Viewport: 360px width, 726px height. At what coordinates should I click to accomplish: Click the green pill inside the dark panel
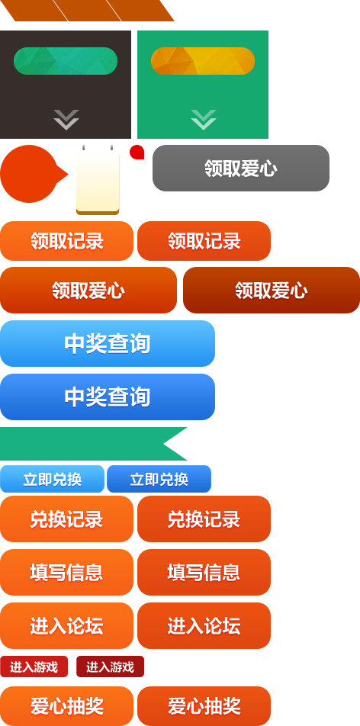tap(66, 61)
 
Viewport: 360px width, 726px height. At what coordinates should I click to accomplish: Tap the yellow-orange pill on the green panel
tap(202, 61)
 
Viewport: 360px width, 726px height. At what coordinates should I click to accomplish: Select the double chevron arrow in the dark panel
tap(66, 120)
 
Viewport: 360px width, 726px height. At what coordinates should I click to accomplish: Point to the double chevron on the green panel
tap(204, 120)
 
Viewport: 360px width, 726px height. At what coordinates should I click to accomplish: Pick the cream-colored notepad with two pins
tap(98, 180)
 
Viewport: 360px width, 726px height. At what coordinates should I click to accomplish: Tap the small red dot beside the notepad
tap(137, 153)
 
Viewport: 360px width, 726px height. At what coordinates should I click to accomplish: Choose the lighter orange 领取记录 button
tap(66, 241)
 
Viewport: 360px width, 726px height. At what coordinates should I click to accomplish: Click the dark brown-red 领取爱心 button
tap(271, 291)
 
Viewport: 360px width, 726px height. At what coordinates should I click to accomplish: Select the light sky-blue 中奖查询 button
tap(107, 343)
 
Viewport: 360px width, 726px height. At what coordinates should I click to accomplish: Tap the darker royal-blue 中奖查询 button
tap(107, 397)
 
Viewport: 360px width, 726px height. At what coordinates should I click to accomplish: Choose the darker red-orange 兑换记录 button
tap(204, 519)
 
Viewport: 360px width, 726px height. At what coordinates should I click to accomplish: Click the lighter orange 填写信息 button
tap(66, 572)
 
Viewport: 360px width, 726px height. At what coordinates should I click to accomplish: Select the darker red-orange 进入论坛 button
tap(204, 625)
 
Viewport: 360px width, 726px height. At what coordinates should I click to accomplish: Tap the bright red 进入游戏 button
tap(34, 667)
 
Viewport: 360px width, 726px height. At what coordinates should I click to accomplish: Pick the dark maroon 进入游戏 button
tap(111, 667)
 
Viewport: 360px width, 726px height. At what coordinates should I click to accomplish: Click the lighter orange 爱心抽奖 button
tap(66, 706)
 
